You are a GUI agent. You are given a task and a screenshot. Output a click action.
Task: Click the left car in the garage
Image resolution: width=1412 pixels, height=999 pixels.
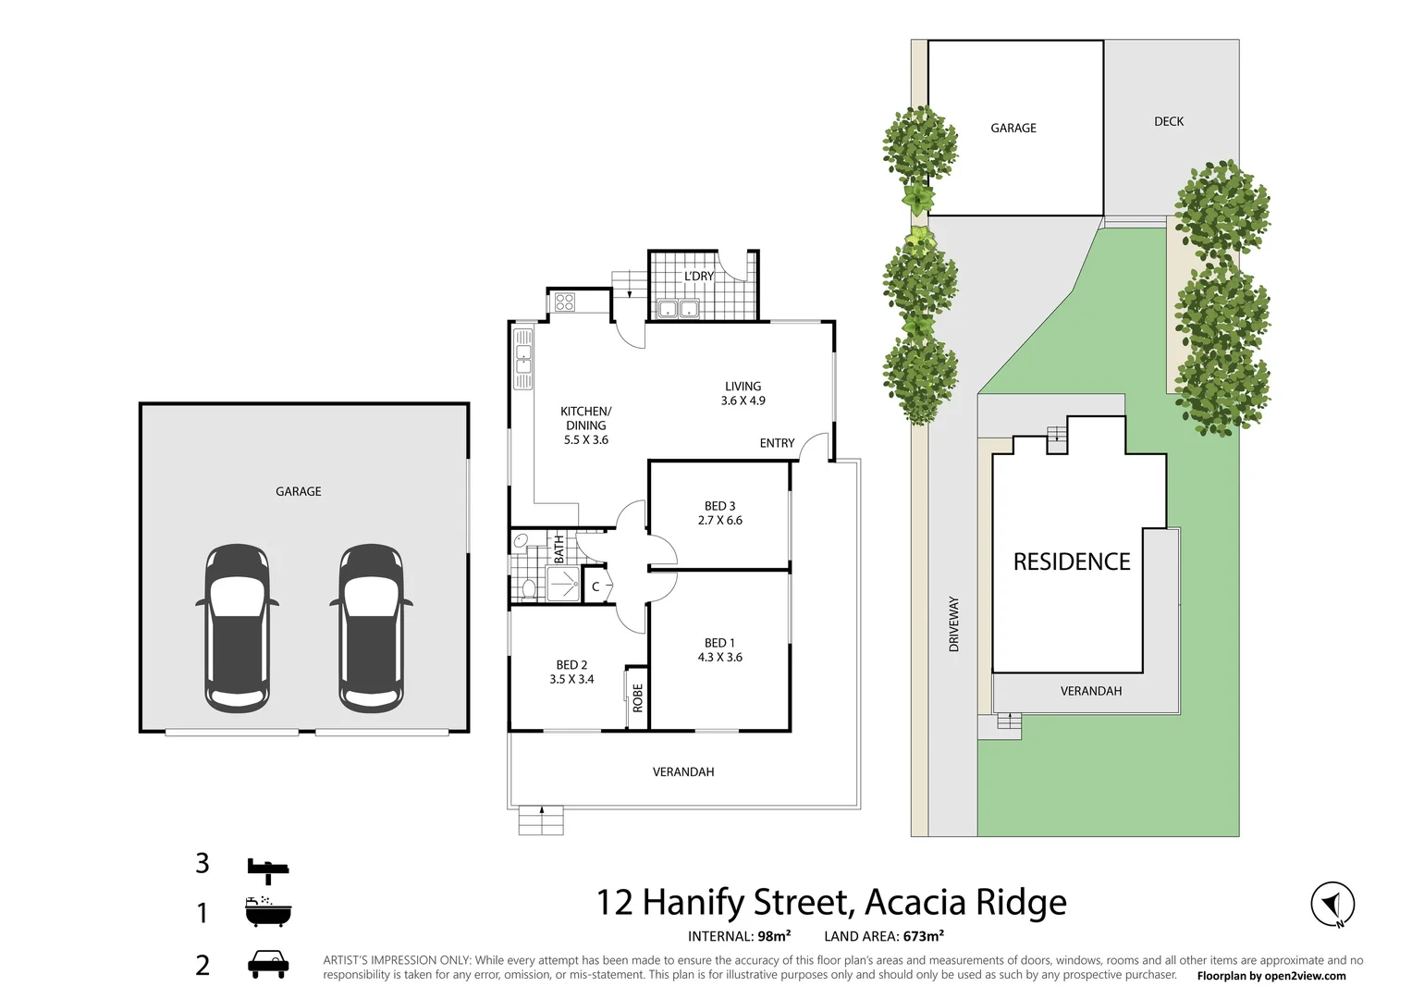[237, 628]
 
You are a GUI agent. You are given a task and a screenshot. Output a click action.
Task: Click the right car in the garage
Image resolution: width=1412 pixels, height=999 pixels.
[371, 628]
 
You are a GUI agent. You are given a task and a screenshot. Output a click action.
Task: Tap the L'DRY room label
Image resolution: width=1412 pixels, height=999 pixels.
[699, 276]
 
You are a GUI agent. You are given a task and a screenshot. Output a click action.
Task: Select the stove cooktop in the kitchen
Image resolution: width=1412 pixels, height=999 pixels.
[565, 302]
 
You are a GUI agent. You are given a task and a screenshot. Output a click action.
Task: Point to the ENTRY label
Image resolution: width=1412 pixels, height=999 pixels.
[777, 443]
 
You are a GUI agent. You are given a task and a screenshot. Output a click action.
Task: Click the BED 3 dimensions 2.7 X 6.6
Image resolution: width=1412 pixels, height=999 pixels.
[720, 521]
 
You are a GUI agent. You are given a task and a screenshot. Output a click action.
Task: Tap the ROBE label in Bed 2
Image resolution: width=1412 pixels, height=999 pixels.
[637, 697]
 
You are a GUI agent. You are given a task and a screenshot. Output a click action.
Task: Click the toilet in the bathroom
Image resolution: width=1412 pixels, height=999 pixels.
[528, 587]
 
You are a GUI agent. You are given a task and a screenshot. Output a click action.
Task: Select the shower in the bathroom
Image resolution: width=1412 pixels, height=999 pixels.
[562, 584]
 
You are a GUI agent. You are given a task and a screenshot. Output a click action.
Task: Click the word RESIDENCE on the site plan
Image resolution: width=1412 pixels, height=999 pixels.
[1072, 561]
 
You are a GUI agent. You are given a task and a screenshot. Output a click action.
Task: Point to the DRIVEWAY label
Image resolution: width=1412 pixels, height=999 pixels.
[953, 624]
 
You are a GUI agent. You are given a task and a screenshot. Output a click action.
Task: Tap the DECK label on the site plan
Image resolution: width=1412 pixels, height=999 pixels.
[1169, 121]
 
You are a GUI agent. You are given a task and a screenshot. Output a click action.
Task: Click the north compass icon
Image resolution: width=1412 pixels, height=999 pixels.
[1332, 904]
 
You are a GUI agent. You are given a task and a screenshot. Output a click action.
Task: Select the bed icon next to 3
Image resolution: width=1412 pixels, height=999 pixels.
[268, 868]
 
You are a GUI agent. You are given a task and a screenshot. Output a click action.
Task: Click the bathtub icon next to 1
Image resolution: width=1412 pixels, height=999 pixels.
[268, 912]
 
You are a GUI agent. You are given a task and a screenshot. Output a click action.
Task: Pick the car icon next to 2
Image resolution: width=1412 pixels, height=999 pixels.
[268, 964]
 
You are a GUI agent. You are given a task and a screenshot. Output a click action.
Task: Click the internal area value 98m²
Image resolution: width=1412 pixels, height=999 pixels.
[774, 936]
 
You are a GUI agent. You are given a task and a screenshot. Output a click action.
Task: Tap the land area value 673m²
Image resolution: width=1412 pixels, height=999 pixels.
[924, 936]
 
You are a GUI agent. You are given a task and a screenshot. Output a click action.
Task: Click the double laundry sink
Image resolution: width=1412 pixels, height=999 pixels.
[679, 308]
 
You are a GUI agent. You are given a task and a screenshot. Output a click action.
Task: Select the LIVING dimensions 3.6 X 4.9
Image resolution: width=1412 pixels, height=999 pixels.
[743, 401]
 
